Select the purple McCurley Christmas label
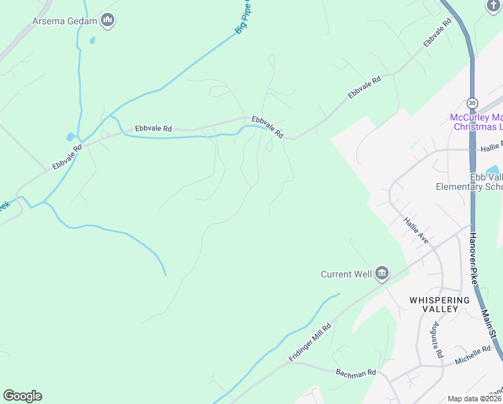tap(476, 122)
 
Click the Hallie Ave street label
tap(416, 230)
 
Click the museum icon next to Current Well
tap(382, 273)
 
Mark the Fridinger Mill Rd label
tap(310, 343)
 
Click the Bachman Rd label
tap(356, 372)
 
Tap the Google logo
tap(22, 396)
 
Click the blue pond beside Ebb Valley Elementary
tap(492, 170)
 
